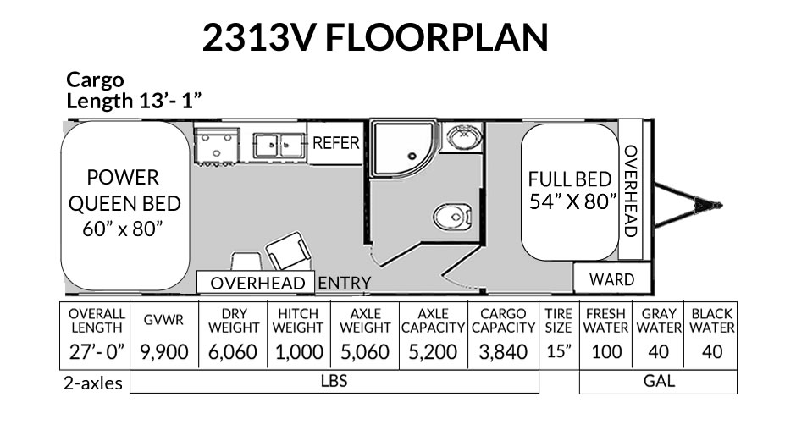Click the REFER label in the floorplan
pos(335,143)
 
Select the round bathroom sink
pos(462,137)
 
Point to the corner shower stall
pos(404,148)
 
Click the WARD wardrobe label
pos(611,279)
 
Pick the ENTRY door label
pos(344,283)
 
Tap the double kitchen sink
pos(279,146)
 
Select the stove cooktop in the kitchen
pos(217,146)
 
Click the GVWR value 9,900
pos(164,352)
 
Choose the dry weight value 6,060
pos(233,352)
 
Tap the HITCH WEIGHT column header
pos(298,321)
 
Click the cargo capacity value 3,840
pos(503,352)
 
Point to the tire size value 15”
pos(559,351)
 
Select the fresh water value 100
pos(606,352)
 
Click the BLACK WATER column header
pos(711,321)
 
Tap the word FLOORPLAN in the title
pos(437,37)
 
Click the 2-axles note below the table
pos(93,383)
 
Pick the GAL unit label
pos(659,381)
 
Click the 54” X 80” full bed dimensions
pos(572,201)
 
